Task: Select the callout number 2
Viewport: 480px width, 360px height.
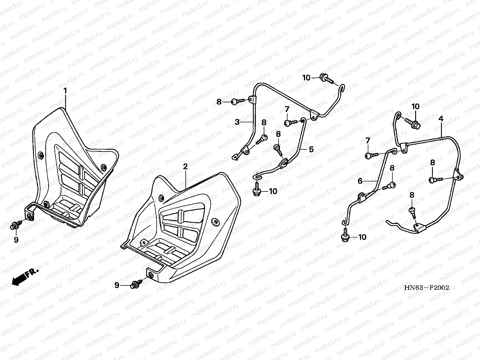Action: coord(185,166)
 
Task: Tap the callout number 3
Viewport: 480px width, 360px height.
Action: coord(237,122)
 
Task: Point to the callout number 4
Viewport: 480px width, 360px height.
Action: coord(441,118)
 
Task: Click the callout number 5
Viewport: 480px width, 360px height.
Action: coord(311,149)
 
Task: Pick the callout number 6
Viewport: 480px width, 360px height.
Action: coord(360,181)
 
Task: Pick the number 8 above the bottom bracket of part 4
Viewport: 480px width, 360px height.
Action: coord(412,195)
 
